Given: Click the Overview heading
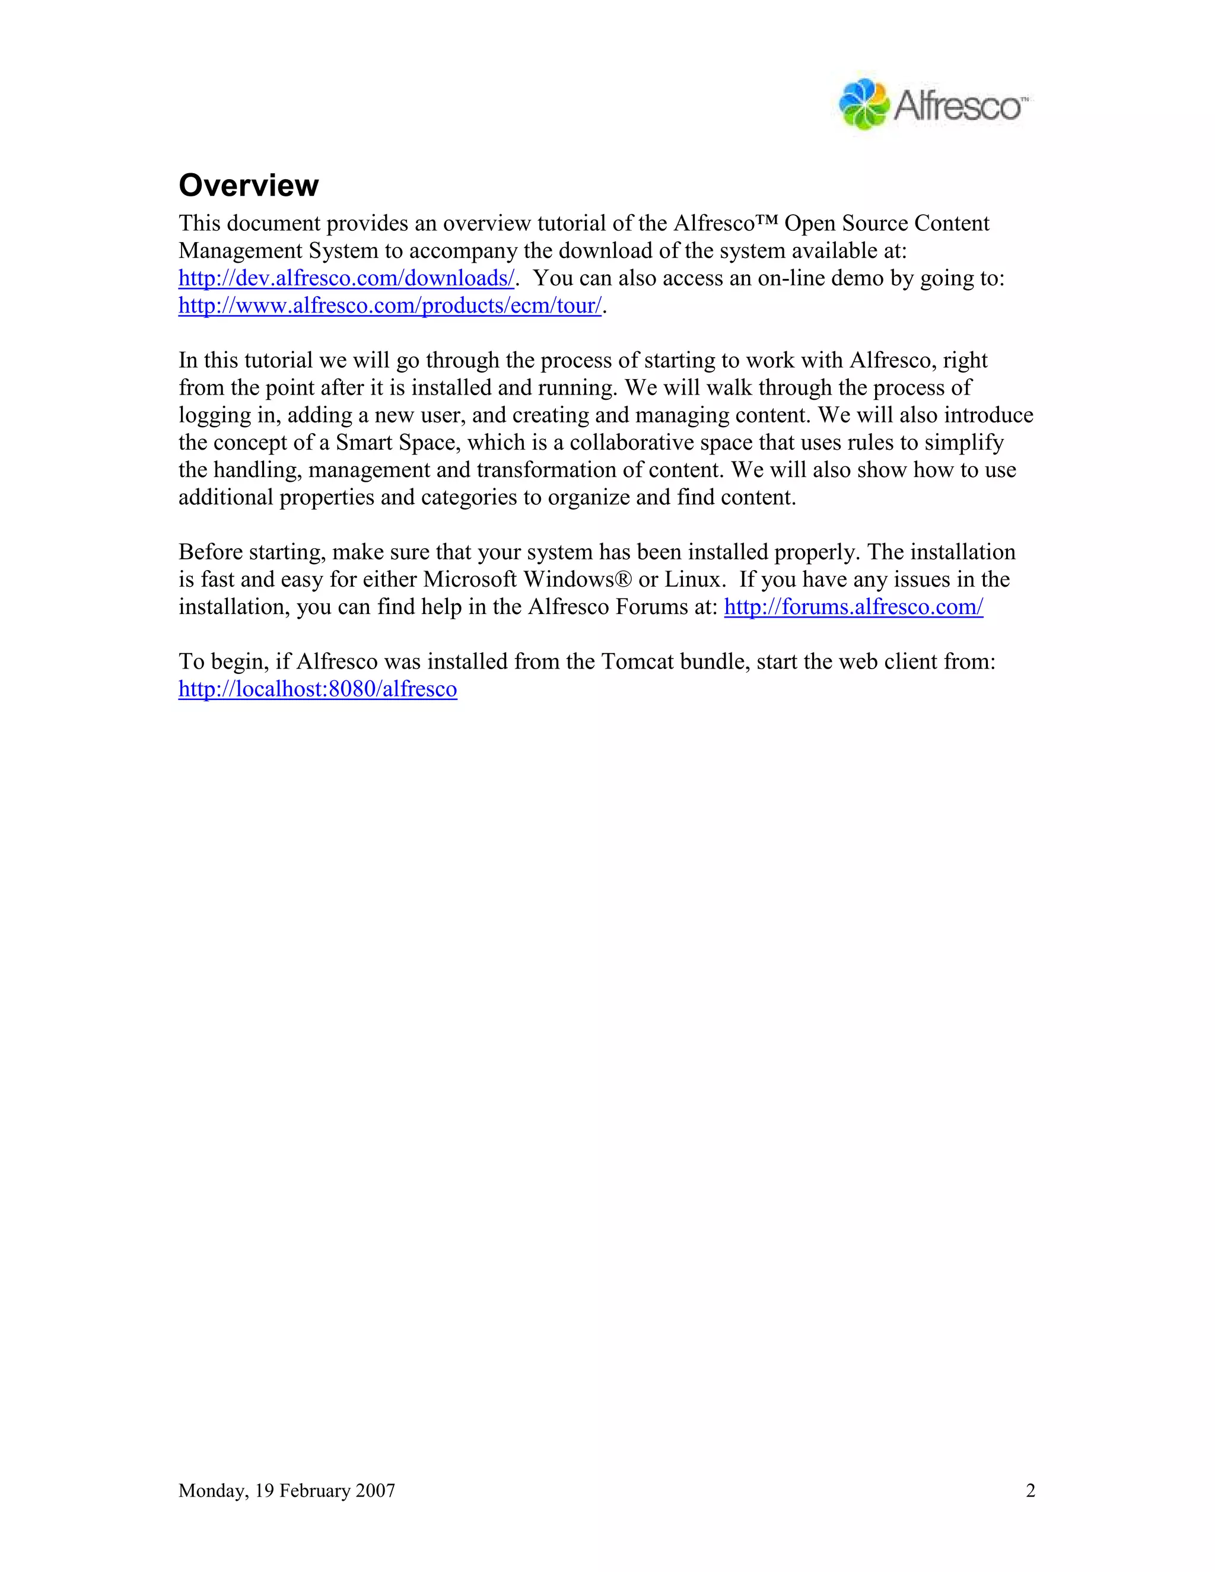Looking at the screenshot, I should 249,186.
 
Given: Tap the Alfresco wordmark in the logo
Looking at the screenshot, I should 958,107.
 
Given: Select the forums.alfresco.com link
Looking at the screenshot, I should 853,607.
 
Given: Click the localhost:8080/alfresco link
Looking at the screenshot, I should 317,689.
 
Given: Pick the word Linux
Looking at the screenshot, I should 692,580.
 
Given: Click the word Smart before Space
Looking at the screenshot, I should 364,443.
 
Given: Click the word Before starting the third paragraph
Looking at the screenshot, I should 210,552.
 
